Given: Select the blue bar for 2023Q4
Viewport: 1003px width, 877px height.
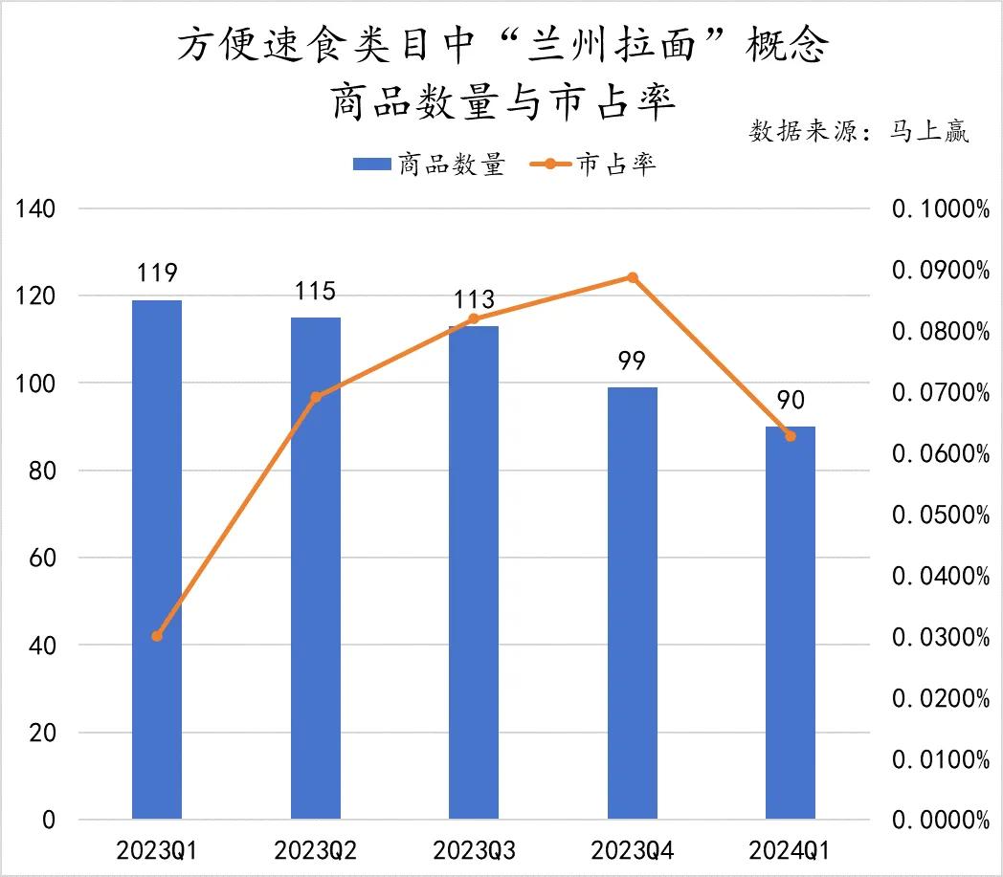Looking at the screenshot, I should (x=632, y=603).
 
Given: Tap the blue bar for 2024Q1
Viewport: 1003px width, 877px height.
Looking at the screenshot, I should (x=791, y=622).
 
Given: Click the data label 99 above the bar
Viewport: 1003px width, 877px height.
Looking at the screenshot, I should (x=632, y=362).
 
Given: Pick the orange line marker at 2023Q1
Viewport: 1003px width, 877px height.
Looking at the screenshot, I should (x=158, y=636).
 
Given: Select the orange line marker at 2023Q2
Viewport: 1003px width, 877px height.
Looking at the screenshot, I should (x=316, y=396).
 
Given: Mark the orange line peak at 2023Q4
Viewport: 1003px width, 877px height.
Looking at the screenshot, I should (x=632, y=277).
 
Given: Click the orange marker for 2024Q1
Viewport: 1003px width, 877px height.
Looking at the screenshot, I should (x=791, y=436).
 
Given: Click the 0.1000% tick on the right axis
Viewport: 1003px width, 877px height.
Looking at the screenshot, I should (x=940, y=209).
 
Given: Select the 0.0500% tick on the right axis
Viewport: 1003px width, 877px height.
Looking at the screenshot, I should (x=940, y=515).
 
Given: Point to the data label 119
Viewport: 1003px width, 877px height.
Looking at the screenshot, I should (x=157, y=274).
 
